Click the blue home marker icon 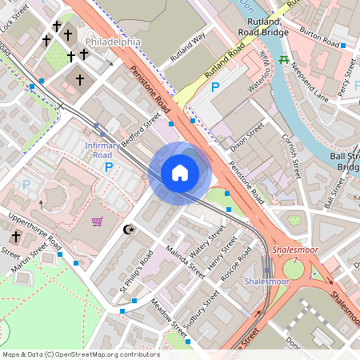(x=180, y=172)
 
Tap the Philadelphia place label (x=113, y=41)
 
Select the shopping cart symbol (x=98, y=222)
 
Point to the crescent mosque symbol (x=126, y=230)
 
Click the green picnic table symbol (x=283, y=60)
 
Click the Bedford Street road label (x=141, y=131)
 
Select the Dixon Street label (x=246, y=135)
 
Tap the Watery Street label (x=206, y=243)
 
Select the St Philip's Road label (x=136, y=270)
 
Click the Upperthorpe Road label (x=34, y=229)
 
